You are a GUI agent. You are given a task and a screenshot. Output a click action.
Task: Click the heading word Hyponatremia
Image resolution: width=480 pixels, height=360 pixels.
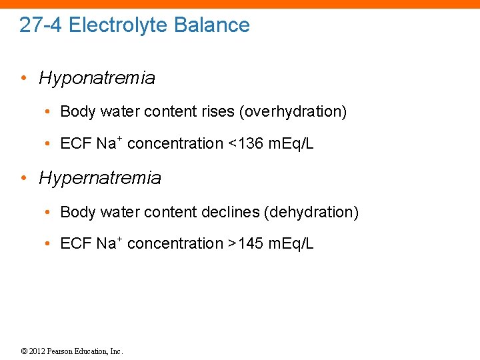point(97,78)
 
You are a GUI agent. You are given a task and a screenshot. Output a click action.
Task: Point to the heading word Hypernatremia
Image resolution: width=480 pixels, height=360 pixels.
point(100,178)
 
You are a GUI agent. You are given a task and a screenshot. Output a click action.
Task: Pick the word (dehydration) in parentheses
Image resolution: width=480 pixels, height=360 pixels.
point(311,212)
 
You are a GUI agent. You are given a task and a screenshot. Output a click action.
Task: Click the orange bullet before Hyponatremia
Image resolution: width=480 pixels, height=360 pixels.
point(23,78)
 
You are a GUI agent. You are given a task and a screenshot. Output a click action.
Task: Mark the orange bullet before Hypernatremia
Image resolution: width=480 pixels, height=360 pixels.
point(23,178)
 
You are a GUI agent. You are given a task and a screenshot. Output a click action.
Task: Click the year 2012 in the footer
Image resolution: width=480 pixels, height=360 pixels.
point(36,351)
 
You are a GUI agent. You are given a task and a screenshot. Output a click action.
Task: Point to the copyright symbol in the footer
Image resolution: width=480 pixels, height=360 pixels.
point(24,351)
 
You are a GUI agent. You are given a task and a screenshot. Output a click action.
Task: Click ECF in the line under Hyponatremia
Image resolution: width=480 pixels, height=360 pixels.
point(75,144)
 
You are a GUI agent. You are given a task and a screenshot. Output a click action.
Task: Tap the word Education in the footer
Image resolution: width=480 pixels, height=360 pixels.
point(92,351)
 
